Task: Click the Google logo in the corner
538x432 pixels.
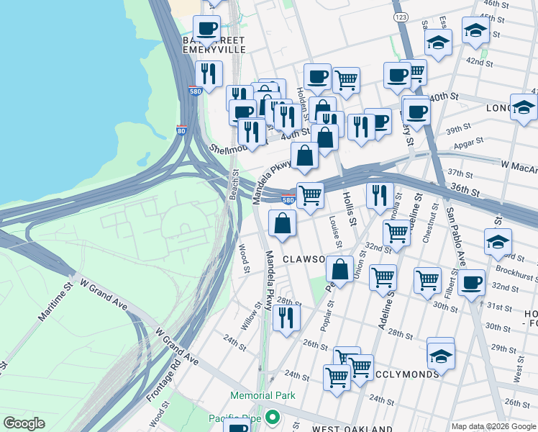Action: tap(24, 423)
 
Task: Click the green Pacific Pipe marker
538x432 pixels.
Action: tap(272, 418)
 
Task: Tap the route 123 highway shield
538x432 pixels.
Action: tap(401, 16)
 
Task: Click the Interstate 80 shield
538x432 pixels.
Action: tap(181, 131)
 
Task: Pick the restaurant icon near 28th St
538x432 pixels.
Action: tap(286, 318)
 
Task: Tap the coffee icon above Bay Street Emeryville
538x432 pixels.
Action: tap(207, 29)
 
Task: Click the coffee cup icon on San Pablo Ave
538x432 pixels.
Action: tap(471, 282)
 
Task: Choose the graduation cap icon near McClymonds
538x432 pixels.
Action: tap(441, 354)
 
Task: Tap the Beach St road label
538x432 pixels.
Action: tap(234, 185)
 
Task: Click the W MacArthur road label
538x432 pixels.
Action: tap(519, 166)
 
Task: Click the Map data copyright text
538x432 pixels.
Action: tap(493, 426)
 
